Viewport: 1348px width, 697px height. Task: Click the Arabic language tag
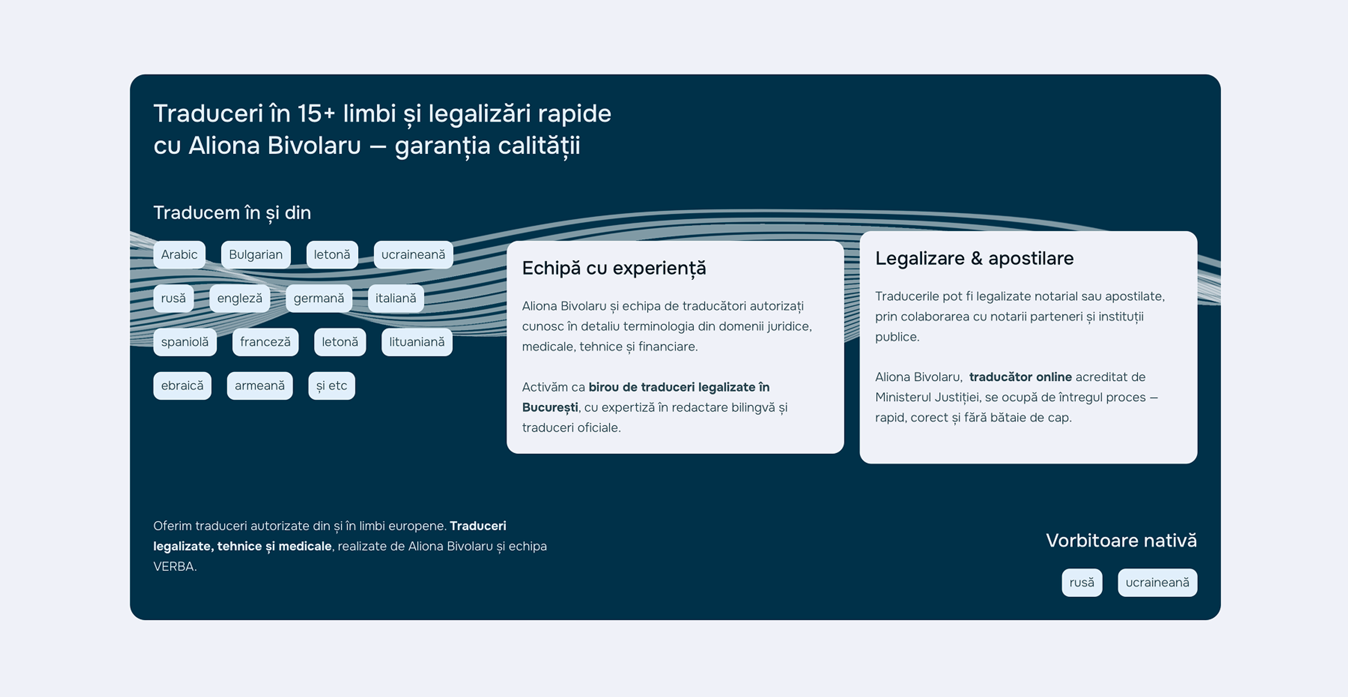click(179, 255)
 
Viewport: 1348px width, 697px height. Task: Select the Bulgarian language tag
click(256, 255)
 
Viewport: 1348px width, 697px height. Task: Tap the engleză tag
click(240, 298)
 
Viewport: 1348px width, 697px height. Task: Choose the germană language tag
click(318, 298)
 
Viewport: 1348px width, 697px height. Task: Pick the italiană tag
click(395, 298)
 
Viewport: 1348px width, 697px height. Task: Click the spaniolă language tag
click(185, 342)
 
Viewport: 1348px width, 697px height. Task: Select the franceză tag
click(265, 342)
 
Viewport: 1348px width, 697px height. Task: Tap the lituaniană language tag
click(417, 342)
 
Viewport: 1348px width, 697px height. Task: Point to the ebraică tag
click(182, 386)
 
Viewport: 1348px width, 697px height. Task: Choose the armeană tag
click(259, 386)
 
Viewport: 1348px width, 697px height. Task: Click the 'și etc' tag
click(331, 386)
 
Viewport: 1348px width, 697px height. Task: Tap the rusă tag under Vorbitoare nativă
click(1082, 582)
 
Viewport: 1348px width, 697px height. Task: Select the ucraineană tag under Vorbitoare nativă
click(1157, 582)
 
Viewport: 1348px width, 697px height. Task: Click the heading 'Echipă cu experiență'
click(614, 269)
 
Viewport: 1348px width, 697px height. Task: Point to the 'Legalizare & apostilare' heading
click(974, 259)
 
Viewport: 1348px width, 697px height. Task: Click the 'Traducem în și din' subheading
click(232, 213)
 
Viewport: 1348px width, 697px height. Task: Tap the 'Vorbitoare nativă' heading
click(1121, 541)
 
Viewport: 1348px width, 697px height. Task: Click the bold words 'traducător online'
click(1020, 377)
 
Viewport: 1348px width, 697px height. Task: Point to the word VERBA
click(175, 567)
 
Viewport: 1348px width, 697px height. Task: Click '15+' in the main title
click(316, 114)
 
